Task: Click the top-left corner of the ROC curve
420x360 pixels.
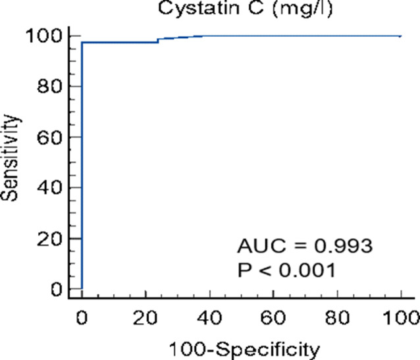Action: click(x=82, y=42)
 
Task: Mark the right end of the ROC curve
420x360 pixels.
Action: click(x=401, y=36)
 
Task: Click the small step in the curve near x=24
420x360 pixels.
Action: click(x=158, y=40)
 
